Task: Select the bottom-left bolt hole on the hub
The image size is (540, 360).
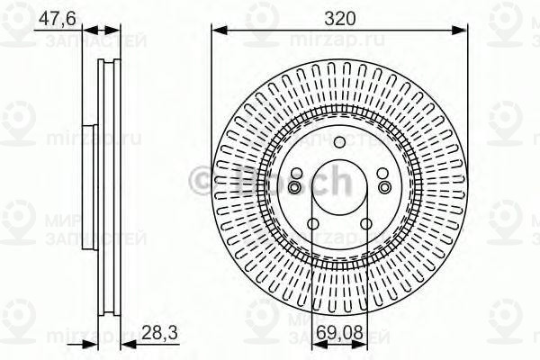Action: point(312,225)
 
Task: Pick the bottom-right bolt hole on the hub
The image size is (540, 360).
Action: point(365,225)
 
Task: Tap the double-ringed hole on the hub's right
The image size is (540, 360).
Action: point(383,186)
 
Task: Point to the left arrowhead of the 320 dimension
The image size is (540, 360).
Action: point(216,31)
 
